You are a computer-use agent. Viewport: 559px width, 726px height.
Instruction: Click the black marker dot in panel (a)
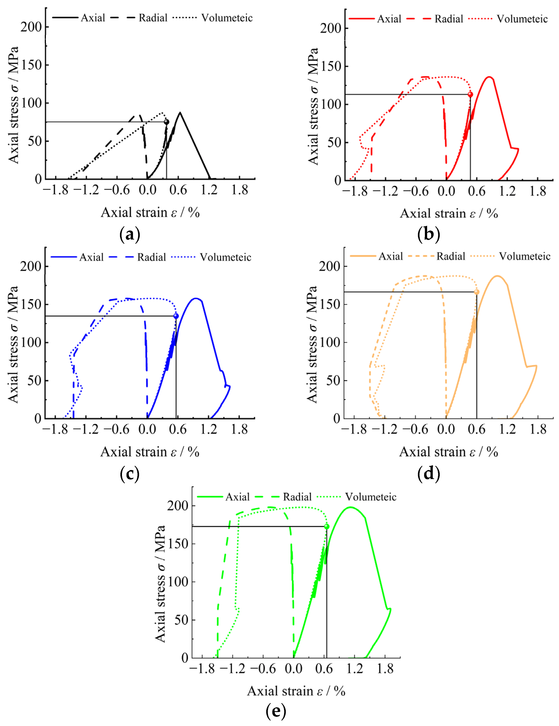click(166, 122)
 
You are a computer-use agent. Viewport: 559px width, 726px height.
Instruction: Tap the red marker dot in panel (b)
click(470, 94)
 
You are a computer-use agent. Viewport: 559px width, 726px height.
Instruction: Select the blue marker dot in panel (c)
click(176, 316)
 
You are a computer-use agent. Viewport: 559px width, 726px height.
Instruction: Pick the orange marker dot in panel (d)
click(476, 292)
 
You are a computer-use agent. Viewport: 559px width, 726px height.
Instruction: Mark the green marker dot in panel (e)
click(327, 526)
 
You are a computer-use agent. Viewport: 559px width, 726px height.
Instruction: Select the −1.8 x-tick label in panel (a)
click(55, 190)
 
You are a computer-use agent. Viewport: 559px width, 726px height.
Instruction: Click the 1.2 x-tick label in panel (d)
click(507, 429)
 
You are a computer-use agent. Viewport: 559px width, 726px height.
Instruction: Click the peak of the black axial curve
click(180, 112)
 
